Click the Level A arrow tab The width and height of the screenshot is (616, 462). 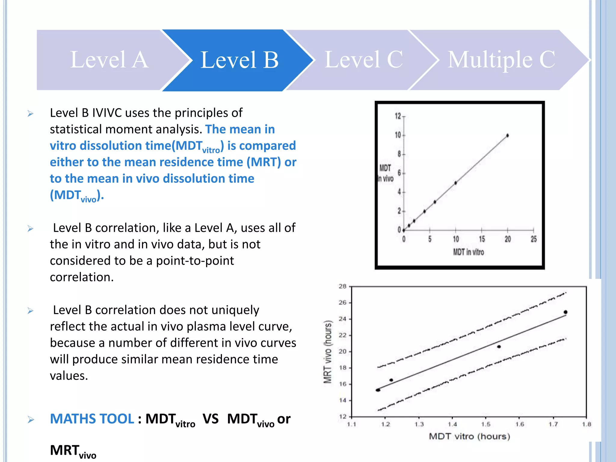(109, 60)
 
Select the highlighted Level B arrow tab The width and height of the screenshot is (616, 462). (239, 60)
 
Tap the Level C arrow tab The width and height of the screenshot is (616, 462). (363, 60)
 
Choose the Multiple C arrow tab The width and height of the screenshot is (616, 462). (501, 60)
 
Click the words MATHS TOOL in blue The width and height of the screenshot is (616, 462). (92, 419)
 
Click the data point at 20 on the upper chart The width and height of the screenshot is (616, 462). (507, 136)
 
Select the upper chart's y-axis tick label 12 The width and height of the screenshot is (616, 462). (398, 116)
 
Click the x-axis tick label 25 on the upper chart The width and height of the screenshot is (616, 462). (534, 239)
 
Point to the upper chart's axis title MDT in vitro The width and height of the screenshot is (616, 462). (468, 252)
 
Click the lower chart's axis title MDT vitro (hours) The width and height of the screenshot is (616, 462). (469, 436)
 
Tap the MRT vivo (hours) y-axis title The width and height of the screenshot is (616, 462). (328, 352)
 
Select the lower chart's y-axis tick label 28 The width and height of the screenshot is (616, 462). (343, 286)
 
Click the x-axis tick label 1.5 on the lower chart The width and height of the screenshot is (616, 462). (486, 424)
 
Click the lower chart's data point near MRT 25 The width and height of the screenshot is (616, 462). (565, 312)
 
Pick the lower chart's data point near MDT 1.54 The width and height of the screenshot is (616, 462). (499, 347)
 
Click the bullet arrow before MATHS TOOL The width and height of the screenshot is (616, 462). (31, 420)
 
